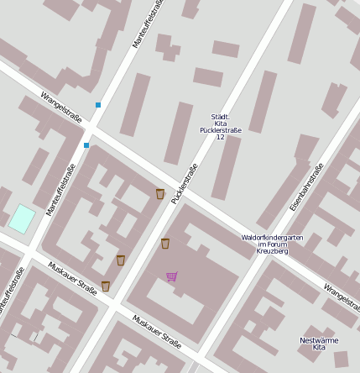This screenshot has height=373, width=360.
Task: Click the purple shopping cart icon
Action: (172, 276)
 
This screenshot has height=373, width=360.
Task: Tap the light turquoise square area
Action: (22, 218)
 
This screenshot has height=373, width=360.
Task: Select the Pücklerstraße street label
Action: (185, 183)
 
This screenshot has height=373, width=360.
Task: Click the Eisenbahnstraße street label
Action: (306, 186)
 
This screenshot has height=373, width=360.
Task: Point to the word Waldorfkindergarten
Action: (272, 237)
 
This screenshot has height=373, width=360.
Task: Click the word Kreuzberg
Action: (272, 251)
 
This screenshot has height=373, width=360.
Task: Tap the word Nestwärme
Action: (318, 340)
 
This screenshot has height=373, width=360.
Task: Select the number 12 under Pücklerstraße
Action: (220, 137)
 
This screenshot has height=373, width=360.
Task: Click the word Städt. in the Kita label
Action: (220, 117)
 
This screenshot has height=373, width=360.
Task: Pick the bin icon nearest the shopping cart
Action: (165, 244)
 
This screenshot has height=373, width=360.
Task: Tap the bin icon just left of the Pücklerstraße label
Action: (159, 194)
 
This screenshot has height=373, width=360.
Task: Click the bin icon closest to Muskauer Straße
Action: (106, 286)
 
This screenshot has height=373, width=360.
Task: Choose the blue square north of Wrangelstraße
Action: (98, 105)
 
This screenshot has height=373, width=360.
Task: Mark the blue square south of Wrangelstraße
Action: (86, 145)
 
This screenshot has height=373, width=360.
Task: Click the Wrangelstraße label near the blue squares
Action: (60, 107)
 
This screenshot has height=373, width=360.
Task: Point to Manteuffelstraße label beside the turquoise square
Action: (60, 189)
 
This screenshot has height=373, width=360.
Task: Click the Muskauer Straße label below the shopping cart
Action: (156, 330)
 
